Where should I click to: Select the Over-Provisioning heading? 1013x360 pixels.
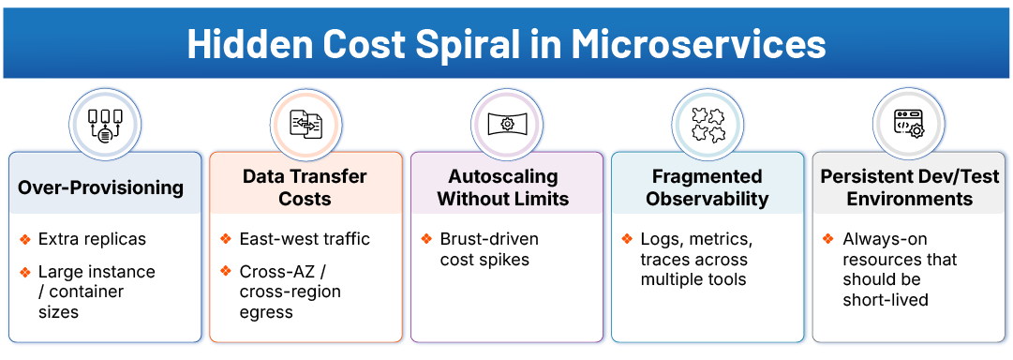101,187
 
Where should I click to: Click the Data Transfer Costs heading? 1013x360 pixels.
305,187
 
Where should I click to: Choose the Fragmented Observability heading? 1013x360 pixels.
707,187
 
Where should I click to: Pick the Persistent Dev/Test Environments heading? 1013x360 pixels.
909,187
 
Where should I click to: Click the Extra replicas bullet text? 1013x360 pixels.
92,239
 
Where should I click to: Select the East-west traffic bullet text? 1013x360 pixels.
305,239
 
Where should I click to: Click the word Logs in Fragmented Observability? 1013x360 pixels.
660,239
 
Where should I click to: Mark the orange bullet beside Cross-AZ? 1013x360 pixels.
225,271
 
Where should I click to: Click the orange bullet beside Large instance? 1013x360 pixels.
24,272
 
